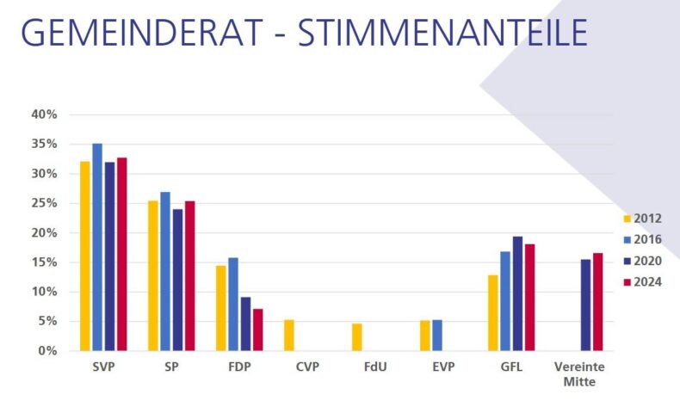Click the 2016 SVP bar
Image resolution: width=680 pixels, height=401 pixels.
pyautogui.click(x=97, y=247)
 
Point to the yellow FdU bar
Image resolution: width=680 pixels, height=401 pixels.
pyautogui.click(x=357, y=337)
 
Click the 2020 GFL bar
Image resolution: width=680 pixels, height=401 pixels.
pyautogui.click(x=517, y=293)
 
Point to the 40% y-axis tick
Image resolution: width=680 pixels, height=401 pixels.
pyautogui.click(x=43, y=114)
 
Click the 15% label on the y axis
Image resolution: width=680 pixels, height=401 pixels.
pyautogui.click(x=43, y=262)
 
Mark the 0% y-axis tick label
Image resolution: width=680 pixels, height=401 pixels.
pyautogui.click(x=46, y=351)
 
